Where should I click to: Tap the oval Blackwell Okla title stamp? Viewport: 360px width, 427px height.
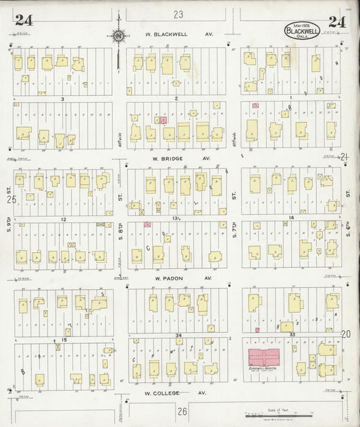coord(302,31)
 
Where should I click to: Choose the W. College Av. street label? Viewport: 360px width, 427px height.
coord(173,393)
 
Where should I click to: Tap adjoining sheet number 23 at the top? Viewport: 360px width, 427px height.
coord(178,14)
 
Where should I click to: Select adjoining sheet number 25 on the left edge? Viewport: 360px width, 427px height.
coord(11,199)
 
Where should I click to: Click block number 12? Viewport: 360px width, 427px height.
coord(62,220)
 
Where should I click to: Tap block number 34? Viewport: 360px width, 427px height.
coord(178,335)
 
